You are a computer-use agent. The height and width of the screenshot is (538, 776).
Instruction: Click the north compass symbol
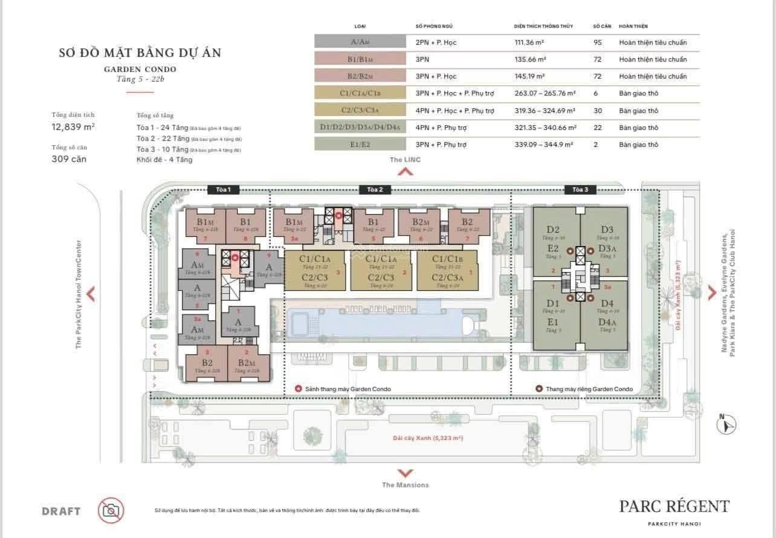point(726,425)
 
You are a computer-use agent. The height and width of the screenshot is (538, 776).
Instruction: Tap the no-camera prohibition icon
point(111,510)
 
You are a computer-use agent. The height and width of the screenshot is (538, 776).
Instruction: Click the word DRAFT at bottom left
point(61,511)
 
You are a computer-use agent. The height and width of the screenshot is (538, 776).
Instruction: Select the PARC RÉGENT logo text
point(674,507)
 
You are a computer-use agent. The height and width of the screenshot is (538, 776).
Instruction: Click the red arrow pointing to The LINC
point(405,171)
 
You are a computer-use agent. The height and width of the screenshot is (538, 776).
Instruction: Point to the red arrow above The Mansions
point(405,473)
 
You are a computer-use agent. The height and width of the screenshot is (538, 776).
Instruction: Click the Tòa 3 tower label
point(580,190)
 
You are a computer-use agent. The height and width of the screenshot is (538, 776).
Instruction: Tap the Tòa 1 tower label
point(223,190)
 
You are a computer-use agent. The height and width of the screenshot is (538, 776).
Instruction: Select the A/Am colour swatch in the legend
point(360,42)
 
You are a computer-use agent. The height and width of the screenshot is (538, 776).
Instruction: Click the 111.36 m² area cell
point(530,42)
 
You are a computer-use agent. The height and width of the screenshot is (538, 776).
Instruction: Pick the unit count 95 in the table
point(599,42)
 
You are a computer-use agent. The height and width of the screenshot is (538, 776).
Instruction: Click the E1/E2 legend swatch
point(360,144)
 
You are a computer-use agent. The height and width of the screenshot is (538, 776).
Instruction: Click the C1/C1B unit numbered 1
point(447,270)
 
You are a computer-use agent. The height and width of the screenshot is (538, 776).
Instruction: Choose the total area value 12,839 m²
point(73,126)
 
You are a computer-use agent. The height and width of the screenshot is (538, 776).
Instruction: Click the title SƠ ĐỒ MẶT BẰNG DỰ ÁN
point(140,53)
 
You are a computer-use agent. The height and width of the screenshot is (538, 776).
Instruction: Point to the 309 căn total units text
point(70,159)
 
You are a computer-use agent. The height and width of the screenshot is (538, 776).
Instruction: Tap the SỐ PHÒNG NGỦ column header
point(433,27)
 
